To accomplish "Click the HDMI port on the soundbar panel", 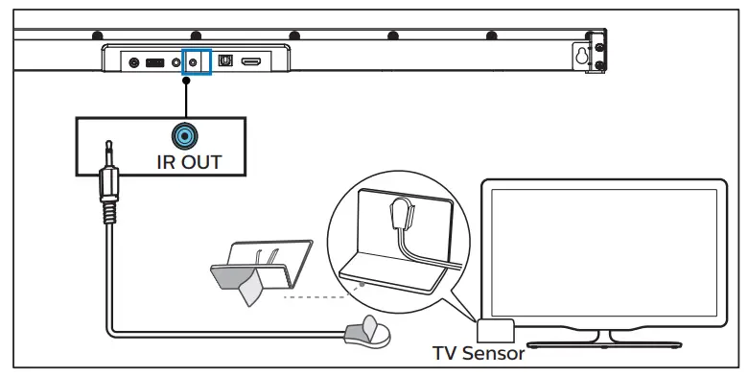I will point(251,61).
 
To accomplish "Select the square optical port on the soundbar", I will point(225,61).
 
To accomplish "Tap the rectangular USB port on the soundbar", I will point(154,62).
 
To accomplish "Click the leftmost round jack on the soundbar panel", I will point(134,62).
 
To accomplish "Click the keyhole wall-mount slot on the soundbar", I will point(581,55).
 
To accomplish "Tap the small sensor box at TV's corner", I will point(496,329).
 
